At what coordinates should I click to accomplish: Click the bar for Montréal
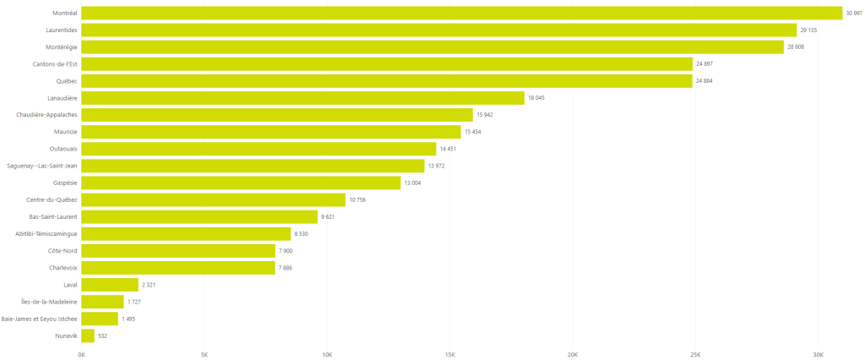(x=462, y=13)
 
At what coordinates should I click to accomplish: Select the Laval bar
(x=110, y=285)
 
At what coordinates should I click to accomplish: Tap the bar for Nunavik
(x=88, y=335)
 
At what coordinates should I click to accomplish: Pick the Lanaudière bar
(x=302, y=98)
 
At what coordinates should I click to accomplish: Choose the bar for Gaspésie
(x=241, y=183)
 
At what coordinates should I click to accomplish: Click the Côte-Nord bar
(x=178, y=251)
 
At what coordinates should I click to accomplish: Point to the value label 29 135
(x=809, y=30)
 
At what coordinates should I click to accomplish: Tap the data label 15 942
(x=485, y=115)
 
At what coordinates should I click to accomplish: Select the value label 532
(x=102, y=335)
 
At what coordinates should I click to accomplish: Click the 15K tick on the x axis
(x=450, y=354)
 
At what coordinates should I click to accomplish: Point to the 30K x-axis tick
(x=818, y=354)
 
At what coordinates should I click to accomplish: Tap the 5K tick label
(x=204, y=354)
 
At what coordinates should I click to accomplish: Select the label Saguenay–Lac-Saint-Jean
(x=42, y=166)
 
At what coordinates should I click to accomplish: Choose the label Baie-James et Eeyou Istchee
(x=40, y=319)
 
